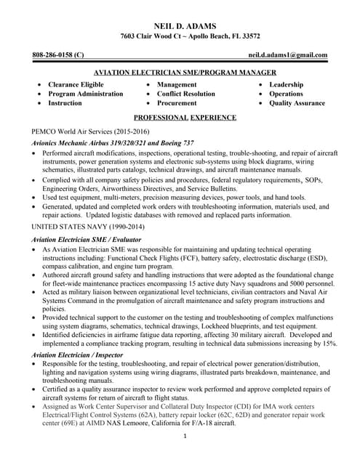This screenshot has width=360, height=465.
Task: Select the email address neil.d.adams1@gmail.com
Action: click(287, 54)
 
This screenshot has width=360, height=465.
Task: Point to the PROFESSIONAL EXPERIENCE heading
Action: click(185, 117)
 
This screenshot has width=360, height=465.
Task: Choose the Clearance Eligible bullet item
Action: click(76, 84)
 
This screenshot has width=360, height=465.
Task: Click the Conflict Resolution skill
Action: click(186, 94)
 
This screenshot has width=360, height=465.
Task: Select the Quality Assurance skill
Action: click(297, 103)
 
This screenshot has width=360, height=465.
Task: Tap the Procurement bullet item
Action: click(178, 103)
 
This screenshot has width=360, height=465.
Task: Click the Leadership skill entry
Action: click(286, 84)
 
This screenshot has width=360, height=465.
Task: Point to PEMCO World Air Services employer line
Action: click(90, 132)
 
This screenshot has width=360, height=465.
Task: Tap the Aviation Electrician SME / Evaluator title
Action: click(87, 239)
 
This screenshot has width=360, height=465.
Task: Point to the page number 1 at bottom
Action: click(185, 436)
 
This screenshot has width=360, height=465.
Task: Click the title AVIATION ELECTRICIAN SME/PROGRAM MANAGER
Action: click(185, 73)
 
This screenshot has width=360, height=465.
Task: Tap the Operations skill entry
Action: click(286, 94)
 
